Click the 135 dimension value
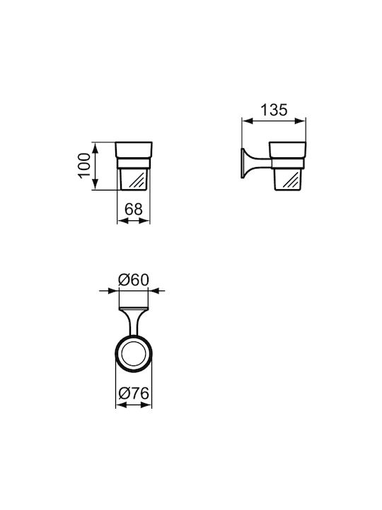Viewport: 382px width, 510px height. pos(274,110)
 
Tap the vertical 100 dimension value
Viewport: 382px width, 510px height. pos(84,165)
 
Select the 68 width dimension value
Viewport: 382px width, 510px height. pos(133,209)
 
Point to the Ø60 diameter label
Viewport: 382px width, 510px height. pos(133,280)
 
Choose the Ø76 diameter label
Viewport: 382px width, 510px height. pos(134,394)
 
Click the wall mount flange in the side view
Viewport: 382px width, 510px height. pos(243,164)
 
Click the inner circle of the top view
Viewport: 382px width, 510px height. pos(134,353)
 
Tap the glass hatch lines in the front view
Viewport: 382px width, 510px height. pos(137,180)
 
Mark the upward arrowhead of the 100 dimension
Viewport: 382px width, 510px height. pos(95,148)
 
